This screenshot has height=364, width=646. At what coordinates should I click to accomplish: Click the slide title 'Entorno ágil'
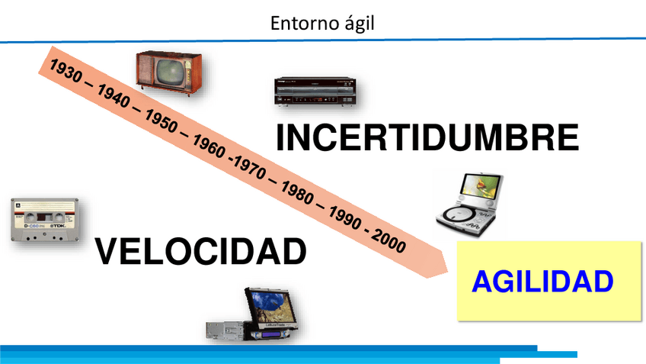322,23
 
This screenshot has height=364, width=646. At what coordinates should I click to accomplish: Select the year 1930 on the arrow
66,70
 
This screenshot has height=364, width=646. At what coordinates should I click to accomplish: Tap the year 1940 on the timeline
114,95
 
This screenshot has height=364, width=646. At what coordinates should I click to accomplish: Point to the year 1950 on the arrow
161,121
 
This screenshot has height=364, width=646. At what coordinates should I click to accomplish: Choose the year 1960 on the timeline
209,147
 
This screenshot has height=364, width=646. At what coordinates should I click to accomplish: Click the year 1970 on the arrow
251,168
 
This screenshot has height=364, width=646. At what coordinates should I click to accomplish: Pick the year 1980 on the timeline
297,193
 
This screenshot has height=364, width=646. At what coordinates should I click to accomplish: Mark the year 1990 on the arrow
345,218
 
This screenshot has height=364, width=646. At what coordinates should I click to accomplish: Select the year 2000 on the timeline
389,241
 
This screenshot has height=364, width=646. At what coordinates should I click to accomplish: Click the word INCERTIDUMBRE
427,137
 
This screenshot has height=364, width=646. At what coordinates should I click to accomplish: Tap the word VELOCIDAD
200,251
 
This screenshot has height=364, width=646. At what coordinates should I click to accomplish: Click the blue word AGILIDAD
542,282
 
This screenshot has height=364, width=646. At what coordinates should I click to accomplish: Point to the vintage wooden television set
169,73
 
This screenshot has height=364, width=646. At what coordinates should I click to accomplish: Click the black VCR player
315,92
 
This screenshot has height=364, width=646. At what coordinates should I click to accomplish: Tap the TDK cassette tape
45,220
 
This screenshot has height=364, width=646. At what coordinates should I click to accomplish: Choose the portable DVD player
471,205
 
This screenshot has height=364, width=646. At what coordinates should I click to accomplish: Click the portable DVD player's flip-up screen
481,186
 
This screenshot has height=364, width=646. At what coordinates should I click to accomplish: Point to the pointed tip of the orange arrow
447,272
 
